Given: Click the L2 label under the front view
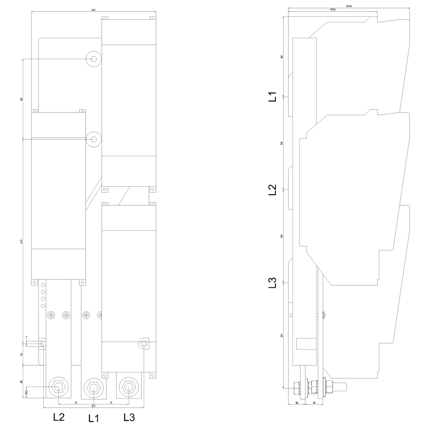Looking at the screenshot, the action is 59,417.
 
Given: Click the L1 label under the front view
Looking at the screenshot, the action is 94,418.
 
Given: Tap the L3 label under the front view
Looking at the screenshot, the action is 130,417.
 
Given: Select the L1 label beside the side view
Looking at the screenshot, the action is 272,97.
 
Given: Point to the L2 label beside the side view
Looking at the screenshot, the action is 272,190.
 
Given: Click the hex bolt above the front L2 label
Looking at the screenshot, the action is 57,387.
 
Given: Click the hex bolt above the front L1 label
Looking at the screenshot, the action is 92,387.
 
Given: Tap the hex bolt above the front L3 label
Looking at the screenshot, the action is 127,387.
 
